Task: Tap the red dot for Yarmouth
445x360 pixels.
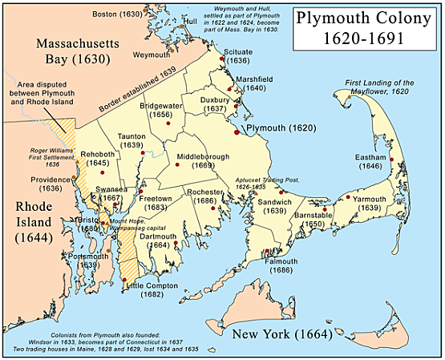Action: click(346, 197)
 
